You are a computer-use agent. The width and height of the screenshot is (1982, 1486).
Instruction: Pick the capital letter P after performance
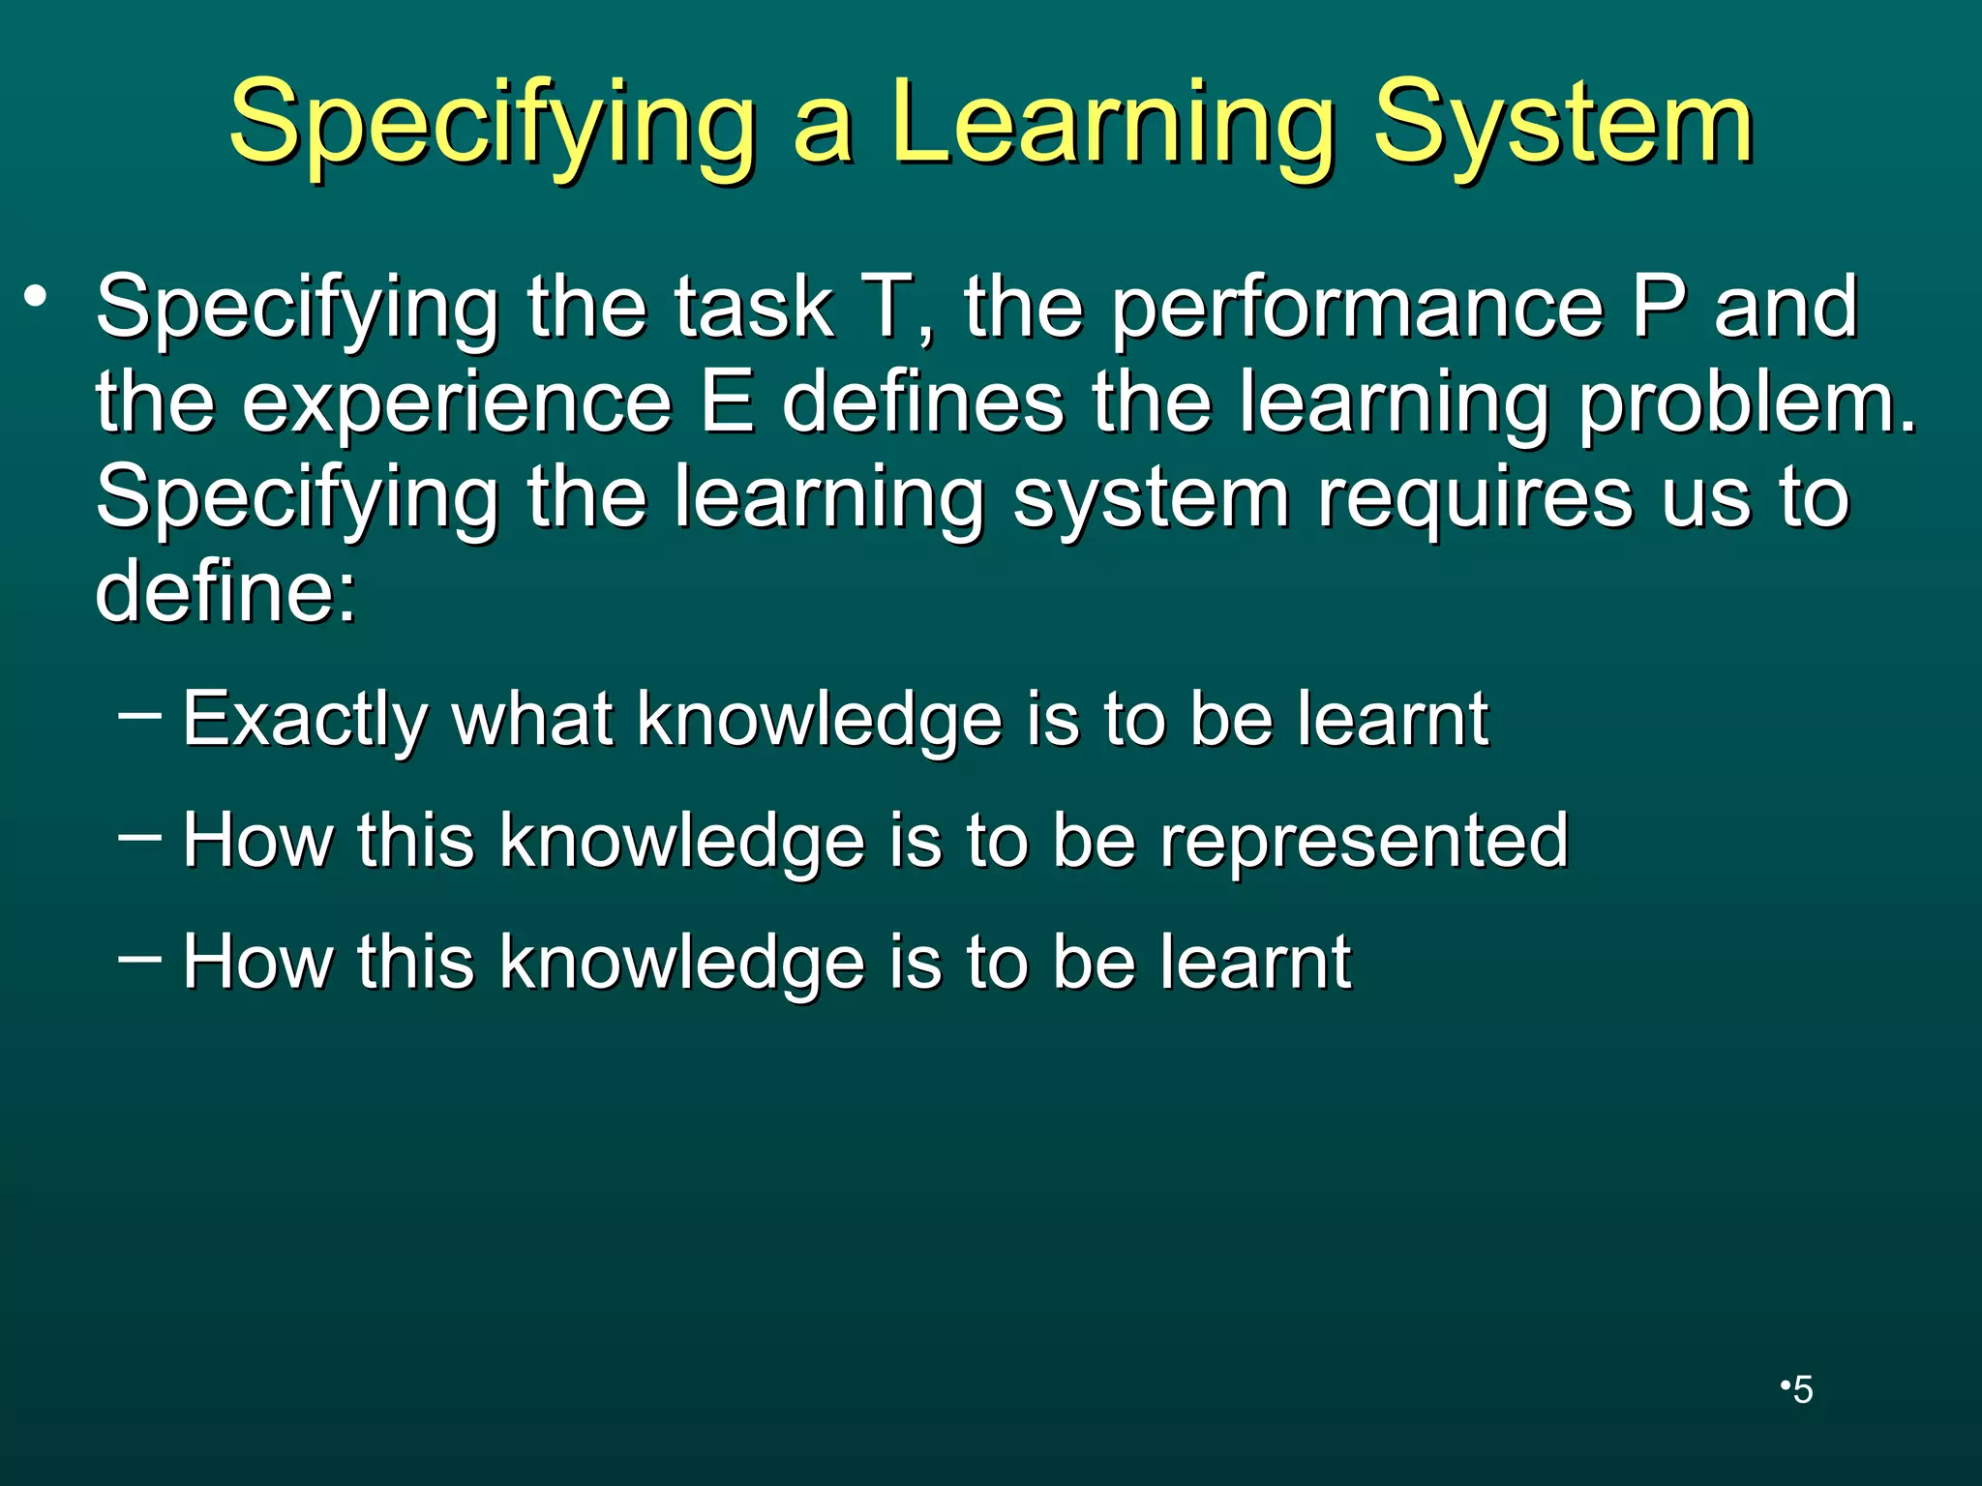point(1659,307)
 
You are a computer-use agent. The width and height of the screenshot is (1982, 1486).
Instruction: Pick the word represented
point(1364,841)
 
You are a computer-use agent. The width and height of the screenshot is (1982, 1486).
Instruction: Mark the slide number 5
point(1802,1390)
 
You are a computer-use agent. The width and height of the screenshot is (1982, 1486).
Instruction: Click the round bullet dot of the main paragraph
point(36,295)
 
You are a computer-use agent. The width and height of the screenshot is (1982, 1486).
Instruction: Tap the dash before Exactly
point(138,717)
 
